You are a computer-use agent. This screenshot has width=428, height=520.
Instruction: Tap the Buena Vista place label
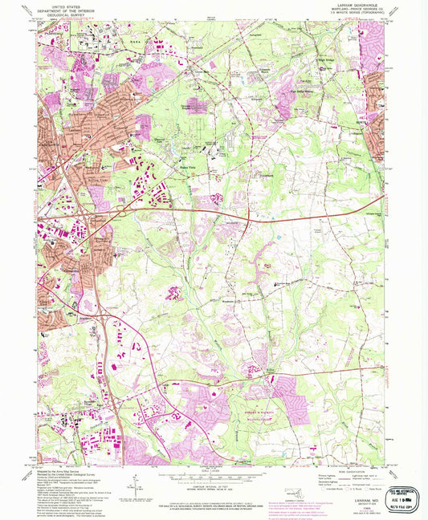tap(186, 167)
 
